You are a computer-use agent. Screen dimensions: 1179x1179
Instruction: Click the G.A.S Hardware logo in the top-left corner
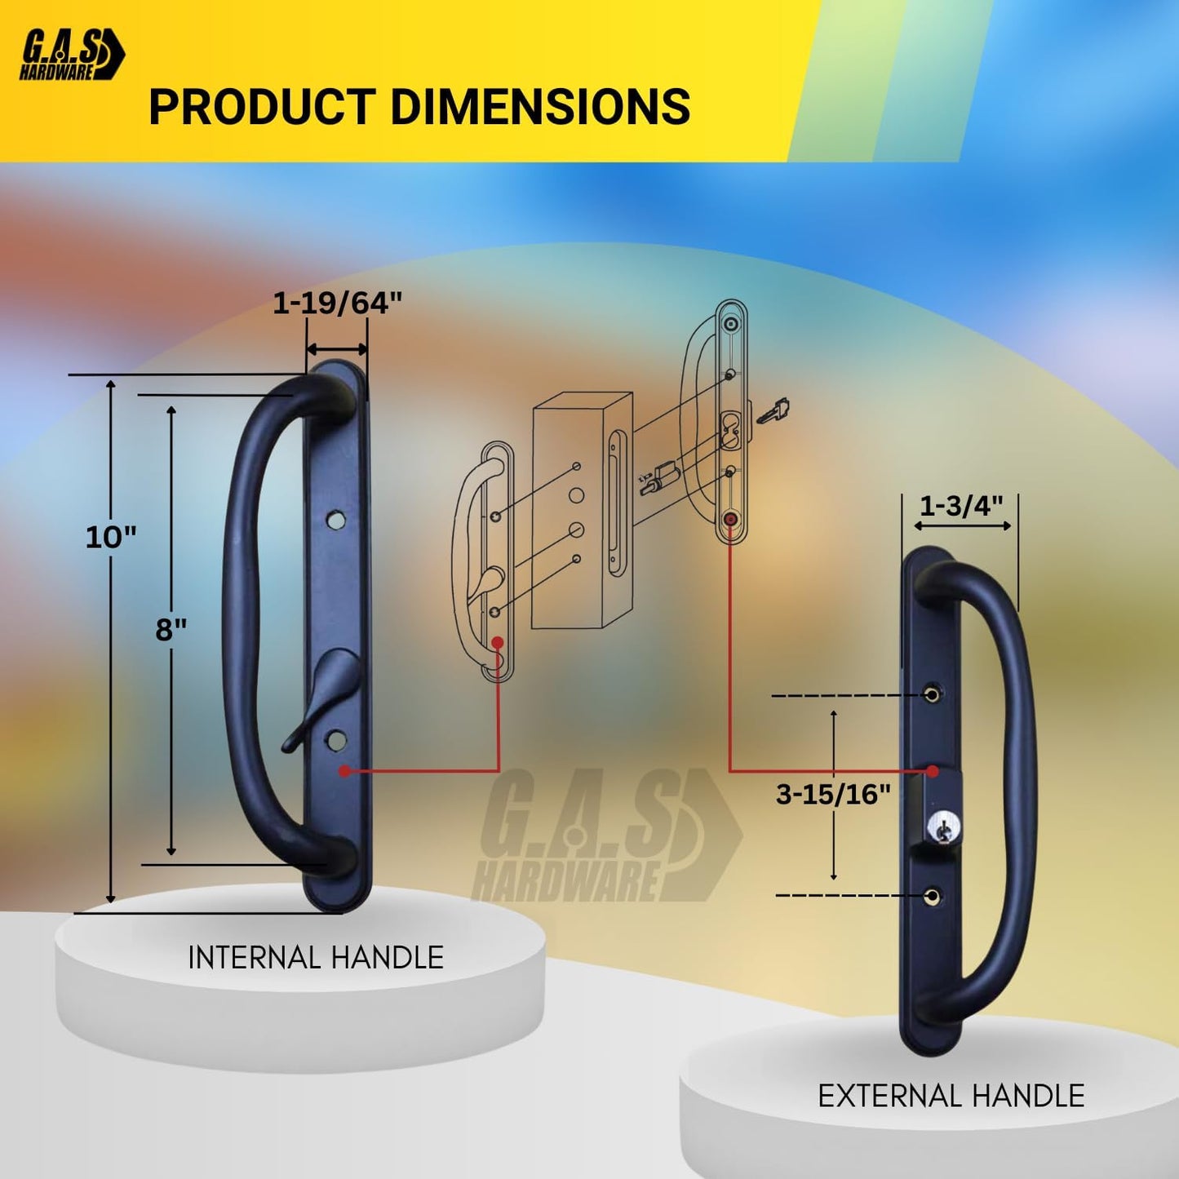tap(72, 55)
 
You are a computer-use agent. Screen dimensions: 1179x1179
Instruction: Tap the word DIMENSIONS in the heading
tap(540, 108)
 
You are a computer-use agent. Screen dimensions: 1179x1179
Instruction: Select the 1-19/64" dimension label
tap(337, 304)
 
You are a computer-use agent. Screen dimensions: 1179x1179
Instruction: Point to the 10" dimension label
tap(111, 537)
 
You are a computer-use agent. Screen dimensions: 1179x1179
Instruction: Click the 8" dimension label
tap(171, 630)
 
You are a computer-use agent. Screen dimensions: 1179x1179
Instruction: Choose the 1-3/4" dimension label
tap(961, 506)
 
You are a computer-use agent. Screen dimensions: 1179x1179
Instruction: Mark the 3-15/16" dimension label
tap(833, 794)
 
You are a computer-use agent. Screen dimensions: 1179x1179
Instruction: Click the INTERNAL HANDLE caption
tap(316, 957)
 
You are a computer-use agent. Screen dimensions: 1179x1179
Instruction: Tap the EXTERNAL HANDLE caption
tap(951, 1096)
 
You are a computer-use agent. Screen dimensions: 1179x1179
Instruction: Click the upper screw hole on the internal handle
tap(335, 519)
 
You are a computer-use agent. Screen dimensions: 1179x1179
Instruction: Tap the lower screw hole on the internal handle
tap(335, 740)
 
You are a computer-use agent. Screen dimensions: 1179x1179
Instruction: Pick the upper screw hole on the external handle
tap(932, 695)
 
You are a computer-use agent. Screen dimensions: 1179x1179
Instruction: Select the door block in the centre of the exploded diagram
tap(581, 510)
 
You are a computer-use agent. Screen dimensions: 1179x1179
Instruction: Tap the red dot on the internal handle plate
tap(345, 770)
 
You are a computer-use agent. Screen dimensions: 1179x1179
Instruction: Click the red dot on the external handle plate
tap(933, 770)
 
